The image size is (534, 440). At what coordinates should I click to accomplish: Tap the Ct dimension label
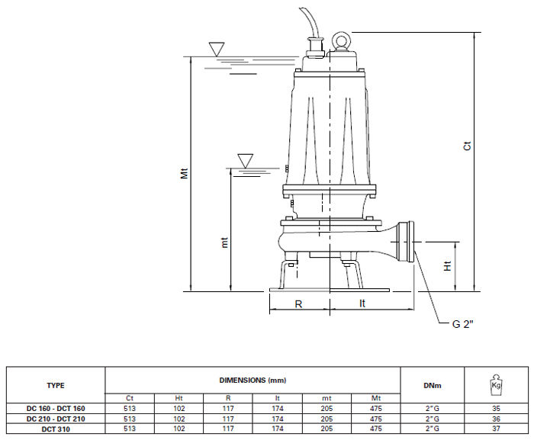point(467,146)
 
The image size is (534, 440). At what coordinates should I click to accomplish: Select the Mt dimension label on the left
point(184,173)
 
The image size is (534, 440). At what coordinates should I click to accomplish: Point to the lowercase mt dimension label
point(224,242)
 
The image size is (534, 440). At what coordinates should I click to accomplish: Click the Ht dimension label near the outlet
point(447,266)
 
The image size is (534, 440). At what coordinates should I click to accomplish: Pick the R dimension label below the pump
point(298,304)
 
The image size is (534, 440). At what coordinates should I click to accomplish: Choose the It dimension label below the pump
point(362,303)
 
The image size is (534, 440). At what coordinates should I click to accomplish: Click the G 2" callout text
point(462,324)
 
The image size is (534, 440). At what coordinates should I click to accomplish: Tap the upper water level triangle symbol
point(217,49)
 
